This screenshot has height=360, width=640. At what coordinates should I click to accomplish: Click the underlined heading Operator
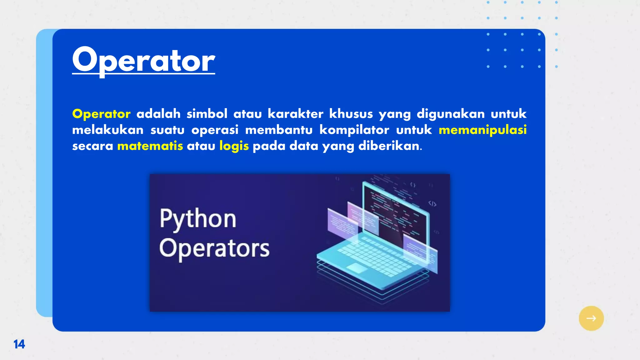143,60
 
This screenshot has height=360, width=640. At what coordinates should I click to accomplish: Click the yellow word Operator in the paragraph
101,114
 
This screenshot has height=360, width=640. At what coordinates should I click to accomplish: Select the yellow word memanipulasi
482,130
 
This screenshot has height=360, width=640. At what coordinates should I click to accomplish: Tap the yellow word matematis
150,146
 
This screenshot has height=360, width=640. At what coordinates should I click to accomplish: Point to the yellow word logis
234,146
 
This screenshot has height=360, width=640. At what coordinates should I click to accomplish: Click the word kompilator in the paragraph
354,130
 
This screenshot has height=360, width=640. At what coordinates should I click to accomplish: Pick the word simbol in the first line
207,114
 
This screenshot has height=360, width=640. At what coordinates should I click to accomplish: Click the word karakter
295,114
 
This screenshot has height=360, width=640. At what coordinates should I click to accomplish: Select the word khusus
351,114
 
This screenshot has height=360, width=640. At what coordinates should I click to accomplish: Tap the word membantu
279,130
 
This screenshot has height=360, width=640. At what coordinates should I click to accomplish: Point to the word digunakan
451,114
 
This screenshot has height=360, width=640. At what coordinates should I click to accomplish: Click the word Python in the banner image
198,219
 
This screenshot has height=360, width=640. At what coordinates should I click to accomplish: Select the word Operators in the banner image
214,249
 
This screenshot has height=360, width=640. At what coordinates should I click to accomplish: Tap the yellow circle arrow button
591,318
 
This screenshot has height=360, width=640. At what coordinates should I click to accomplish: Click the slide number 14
19,344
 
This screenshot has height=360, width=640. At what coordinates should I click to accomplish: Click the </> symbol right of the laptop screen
432,204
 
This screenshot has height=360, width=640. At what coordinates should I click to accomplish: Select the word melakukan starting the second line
108,130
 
